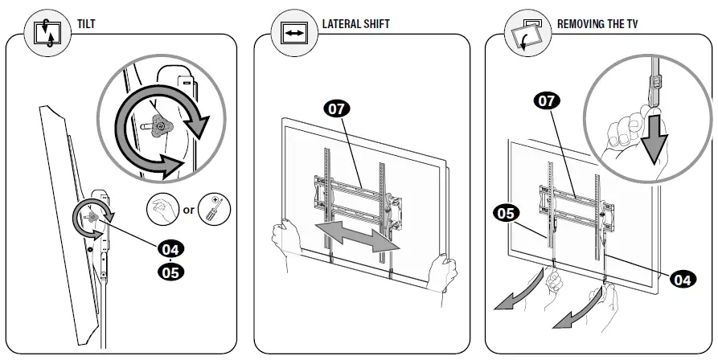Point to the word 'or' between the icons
(x=189, y=211)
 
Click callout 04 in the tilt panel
(x=170, y=248)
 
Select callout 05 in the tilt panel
(x=170, y=272)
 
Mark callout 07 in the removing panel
(x=548, y=101)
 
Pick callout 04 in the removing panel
(x=680, y=280)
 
